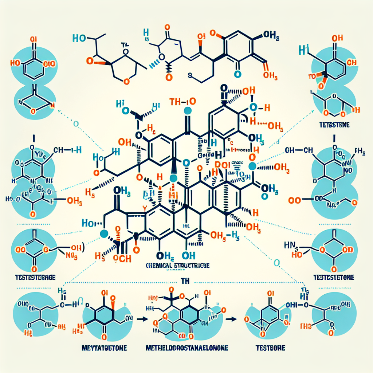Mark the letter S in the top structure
tap(190, 75)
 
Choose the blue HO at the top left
tap(79, 38)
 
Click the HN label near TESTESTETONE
tap(290, 244)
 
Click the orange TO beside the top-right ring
tap(312, 77)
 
